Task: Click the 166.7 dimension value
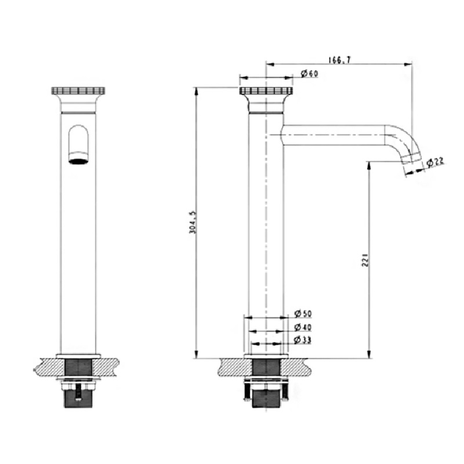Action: click(x=339, y=60)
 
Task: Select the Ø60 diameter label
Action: click(x=310, y=74)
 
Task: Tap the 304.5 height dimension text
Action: click(x=193, y=222)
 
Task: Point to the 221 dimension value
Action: click(x=365, y=259)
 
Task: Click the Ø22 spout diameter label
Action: click(x=435, y=162)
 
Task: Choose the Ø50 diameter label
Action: click(x=303, y=313)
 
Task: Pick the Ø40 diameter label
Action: click(x=303, y=328)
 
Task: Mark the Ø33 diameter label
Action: click(x=303, y=340)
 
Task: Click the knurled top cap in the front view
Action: click(x=79, y=90)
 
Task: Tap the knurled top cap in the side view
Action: click(x=266, y=90)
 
